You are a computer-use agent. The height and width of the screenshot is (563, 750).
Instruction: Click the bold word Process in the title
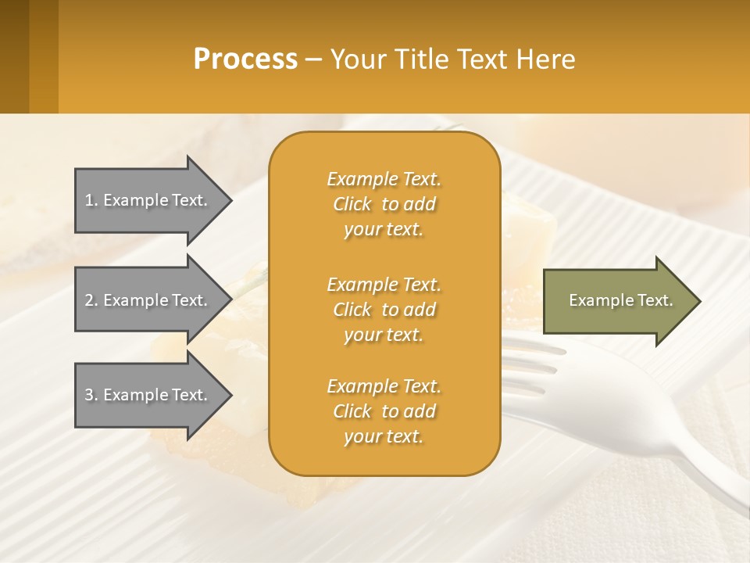tap(245, 59)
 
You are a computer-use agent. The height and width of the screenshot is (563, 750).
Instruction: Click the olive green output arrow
tap(617, 300)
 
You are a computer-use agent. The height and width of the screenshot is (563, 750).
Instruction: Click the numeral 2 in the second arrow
tap(89, 300)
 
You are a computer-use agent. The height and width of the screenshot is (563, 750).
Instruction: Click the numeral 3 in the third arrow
tap(89, 395)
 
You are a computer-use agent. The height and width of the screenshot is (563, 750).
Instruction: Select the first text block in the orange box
tap(384, 204)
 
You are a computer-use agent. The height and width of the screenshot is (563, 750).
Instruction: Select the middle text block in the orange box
tap(384, 310)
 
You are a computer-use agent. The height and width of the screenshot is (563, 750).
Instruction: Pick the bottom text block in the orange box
tap(384, 411)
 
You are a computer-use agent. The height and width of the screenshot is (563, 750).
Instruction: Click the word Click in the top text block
tap(352, 204)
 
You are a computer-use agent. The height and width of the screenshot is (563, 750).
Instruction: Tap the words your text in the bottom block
tap(384, 436)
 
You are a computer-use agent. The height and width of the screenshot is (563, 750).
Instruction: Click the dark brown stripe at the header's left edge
tap(14, 56)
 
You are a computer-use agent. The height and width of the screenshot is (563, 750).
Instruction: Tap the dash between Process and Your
tap(314, 59)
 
